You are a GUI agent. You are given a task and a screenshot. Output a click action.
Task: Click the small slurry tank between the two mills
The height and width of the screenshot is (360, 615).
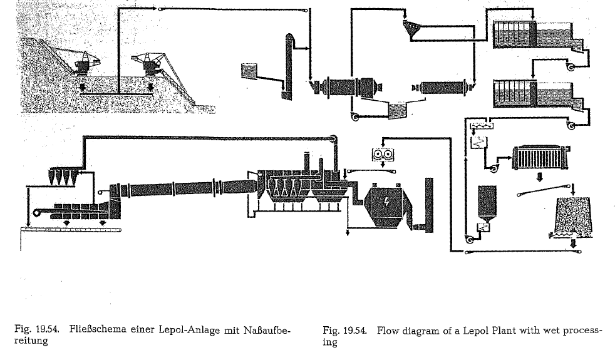point(396,110)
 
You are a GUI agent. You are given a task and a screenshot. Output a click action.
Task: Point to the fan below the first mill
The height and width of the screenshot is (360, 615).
point(354,117)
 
